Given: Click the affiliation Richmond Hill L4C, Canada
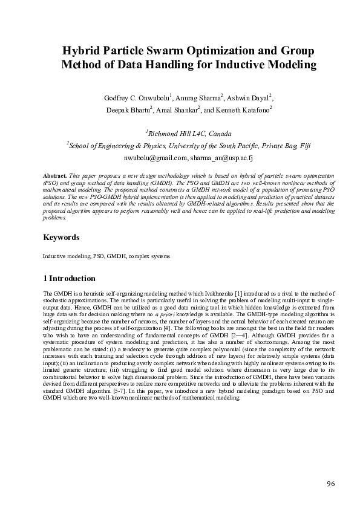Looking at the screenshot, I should [x=182, y=133].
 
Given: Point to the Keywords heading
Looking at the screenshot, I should [x=61, y=238].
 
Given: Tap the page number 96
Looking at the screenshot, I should [x=330, y=484].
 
